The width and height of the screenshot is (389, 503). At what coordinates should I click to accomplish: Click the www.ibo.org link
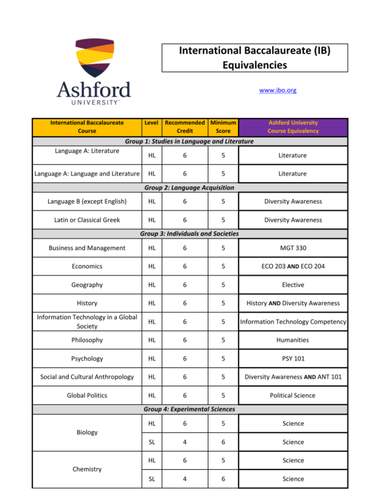[x=277, y=91]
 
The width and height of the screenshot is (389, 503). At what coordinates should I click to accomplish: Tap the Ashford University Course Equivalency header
[x=293, y=127]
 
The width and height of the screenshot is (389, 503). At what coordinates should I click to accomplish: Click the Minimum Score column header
[x=223, y=127]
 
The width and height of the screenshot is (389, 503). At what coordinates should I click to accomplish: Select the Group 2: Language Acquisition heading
[x=188, y=188]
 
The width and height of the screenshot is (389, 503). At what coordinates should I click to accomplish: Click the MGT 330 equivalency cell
[x=293, y=248]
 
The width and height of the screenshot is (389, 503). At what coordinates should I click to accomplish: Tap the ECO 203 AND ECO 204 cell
[x=293, y=266]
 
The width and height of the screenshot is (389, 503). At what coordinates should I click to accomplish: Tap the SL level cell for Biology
[x=149, y=442]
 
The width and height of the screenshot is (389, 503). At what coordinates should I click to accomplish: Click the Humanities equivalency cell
[x=293, y=340]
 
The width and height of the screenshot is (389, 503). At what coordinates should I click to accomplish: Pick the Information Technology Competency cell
[x=293, y=321]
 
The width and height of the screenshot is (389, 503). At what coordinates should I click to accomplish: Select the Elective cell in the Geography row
[x=293, y=284]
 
